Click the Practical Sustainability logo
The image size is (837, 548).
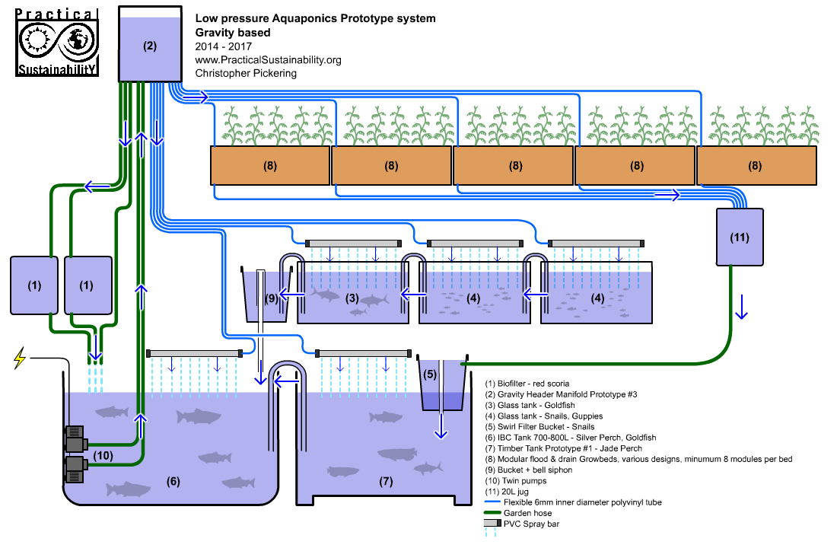tap(57, 43)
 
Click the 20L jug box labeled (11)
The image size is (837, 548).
tap(739, 237)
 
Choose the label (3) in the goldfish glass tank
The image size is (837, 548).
tap(352, 298)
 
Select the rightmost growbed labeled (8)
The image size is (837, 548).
tap(756, 165)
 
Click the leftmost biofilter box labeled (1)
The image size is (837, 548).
tap(33, 286)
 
